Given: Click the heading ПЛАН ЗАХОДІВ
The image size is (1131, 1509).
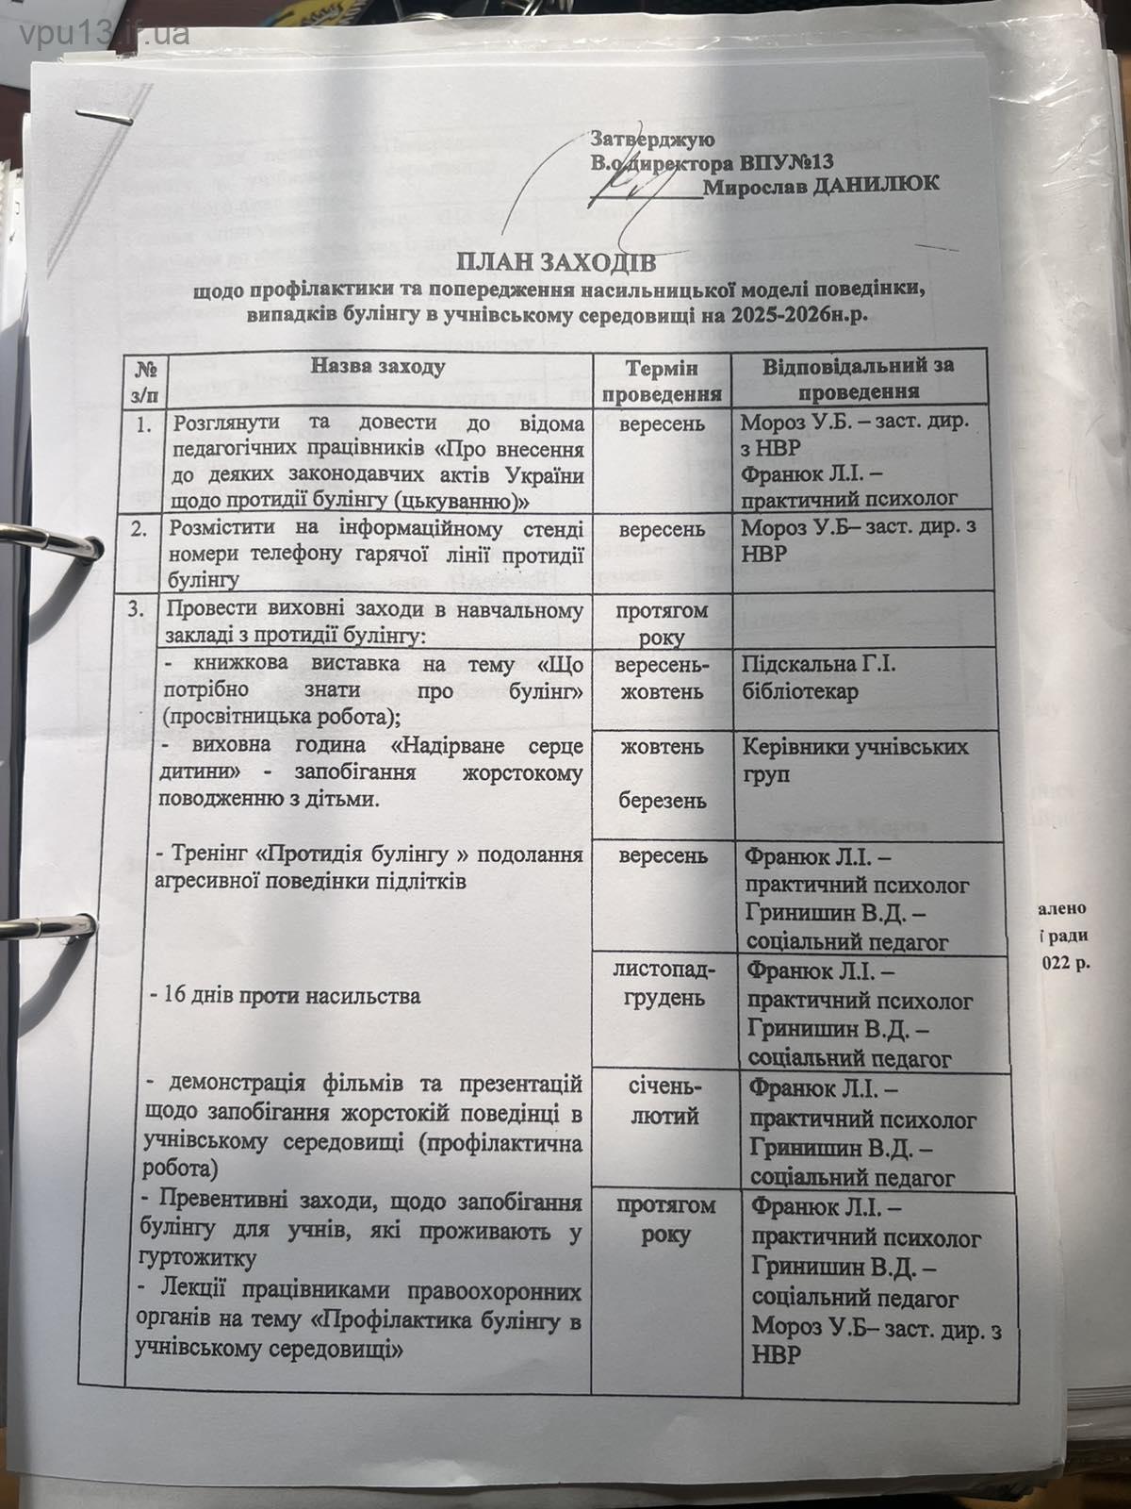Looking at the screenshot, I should click(556, 261).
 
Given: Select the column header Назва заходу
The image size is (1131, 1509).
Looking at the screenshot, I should click(378, 366).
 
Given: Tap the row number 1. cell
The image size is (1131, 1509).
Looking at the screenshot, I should click(143, 425).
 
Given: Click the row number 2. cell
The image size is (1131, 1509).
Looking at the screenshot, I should click(141, 529).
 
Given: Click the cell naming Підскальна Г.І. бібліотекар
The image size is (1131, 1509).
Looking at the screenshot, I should click(818, 678).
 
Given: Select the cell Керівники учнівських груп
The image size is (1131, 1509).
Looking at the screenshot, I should click(855, 760).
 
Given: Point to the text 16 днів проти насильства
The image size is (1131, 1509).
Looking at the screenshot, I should click(287, 996).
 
